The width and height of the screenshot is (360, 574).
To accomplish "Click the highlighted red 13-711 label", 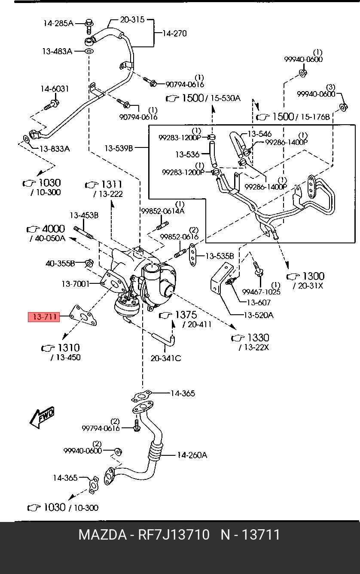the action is (x=44, y=317).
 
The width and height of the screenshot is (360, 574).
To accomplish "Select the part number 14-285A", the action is (x=58, y=23).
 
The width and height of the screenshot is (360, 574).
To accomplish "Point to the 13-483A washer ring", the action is (x=88, y=51).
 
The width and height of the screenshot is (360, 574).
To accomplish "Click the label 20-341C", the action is (x=166, y=358).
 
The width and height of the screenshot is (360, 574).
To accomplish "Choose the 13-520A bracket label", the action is (x=259, y=315).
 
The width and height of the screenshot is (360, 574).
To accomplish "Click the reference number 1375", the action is (x=186, y=314).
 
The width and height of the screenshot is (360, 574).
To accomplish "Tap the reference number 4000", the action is (x=54, y=229).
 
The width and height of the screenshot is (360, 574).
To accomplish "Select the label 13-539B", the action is (x=119, y=148).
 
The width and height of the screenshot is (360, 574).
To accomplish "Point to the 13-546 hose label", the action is (x=259, y=134).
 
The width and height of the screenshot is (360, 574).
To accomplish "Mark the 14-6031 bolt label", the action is (x=55, y=89).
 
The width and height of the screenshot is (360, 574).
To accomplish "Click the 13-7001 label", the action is (x=76, y=284).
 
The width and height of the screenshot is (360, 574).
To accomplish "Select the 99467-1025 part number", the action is (x=261, y=292).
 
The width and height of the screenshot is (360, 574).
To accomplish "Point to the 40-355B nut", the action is (x=89, y=263).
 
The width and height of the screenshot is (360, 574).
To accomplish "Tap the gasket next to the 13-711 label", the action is (x=83, y=316).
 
